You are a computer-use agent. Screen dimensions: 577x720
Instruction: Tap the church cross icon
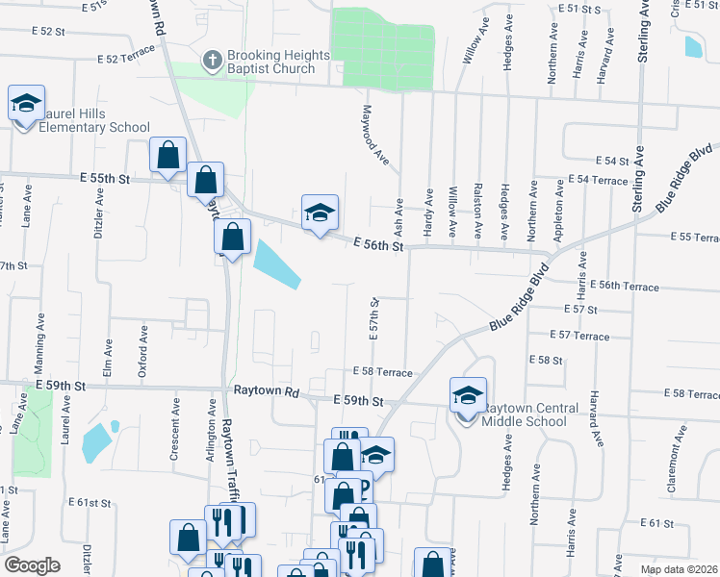click(x=212, y=61)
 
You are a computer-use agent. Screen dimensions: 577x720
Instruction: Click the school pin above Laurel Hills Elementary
click(x=26, y=102)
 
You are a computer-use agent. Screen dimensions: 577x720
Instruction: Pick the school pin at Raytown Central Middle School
click(x=467, y=395)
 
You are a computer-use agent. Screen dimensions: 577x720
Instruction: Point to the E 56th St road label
click(x=376, y=245)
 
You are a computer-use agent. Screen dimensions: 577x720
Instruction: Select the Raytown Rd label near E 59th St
click(x=267, y=392)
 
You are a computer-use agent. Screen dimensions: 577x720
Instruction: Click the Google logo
click(x=32, y=565)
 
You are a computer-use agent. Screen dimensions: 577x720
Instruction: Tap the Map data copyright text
click(x=679, y=569)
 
